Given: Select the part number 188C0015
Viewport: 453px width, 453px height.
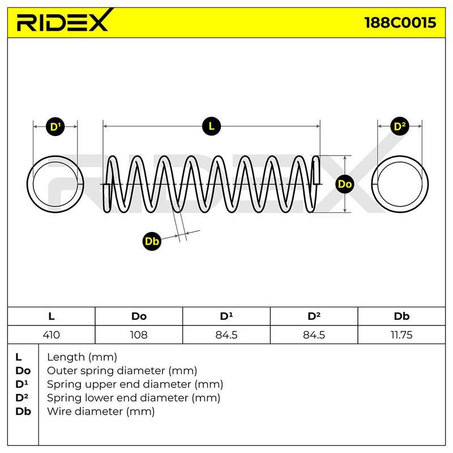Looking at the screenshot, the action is coord(400,23).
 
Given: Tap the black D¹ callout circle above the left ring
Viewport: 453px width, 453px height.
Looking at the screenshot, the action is coord(55,126).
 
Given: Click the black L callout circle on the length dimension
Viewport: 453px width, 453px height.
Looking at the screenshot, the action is coord(211,126).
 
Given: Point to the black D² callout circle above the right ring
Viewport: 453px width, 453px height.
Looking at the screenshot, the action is coord(400,126).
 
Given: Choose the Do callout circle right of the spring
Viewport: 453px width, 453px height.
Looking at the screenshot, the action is coord(345,184).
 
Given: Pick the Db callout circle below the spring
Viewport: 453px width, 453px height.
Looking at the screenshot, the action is coord(152,241).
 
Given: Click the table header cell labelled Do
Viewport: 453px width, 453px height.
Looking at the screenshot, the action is coord(139,317).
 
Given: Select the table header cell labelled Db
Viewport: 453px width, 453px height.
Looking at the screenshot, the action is coord(401,317).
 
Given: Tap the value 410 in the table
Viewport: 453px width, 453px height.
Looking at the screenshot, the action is coord(52,335).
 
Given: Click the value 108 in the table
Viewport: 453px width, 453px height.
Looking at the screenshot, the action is coord(139,335).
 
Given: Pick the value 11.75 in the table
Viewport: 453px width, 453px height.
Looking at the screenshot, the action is coord(401,335).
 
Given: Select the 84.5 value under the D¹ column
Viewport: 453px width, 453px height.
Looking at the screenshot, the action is coord(226,335).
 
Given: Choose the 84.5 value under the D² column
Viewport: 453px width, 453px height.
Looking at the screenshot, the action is coord(314,335).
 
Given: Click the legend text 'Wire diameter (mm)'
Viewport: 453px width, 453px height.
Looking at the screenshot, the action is coord(101,411).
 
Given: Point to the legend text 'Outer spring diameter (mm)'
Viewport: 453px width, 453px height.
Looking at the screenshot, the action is coord(122,370).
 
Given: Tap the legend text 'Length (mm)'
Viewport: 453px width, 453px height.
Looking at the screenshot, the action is coord(82,357).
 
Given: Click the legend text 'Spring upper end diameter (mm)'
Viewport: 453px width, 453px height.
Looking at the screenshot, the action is coord(135,384).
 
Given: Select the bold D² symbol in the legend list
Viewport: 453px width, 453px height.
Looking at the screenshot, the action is coord(22,398).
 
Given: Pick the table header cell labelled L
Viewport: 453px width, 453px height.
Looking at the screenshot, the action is coord(52,317).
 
